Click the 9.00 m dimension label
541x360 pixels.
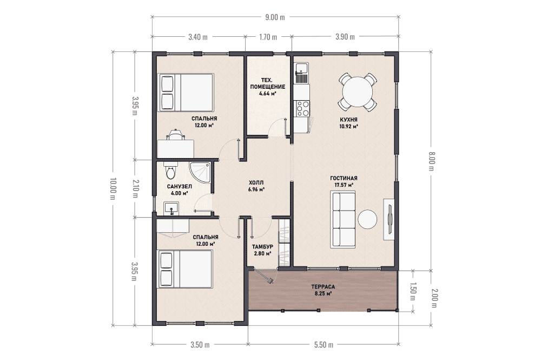pyautogui.click(x=275, y=17)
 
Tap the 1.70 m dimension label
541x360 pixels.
pyautogui.click(x=268, y=37)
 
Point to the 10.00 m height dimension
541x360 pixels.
pyautogui.click(x=113, y=188)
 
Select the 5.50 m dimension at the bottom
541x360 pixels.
pyautogui.click(x=324, y=344)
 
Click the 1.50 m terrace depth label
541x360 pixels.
pyautogui.click(x=413, y=291)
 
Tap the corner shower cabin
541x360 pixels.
pyautogui.click(x=200, y=173)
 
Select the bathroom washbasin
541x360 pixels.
pyautogui.click(x=171, y=208)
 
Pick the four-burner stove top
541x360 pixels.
pyautogui.click(x=302, y=108)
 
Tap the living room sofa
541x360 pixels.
pyautogui.click(x=342, y=220)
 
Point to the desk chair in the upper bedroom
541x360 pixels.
pyautogui.click(x=175, y=135)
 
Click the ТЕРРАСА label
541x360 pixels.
pyautogui.click(x=323, y=287)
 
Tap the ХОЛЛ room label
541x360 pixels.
pyautogui.click(x=256, y=182)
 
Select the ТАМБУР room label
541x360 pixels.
pyautogui.click(x=262, y=247)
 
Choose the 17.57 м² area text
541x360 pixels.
pyautogui.click(x=344, y=185)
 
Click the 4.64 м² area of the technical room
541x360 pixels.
pyautogui.click(x=267, y=93)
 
